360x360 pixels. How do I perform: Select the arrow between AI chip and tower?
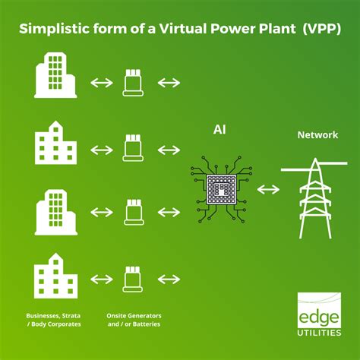[x=266, y=188]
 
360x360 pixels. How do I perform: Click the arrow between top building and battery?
[x=101, y=82]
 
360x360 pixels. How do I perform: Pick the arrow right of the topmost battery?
[x=169, y=82]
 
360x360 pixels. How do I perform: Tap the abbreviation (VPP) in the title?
[x=322, y=29]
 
